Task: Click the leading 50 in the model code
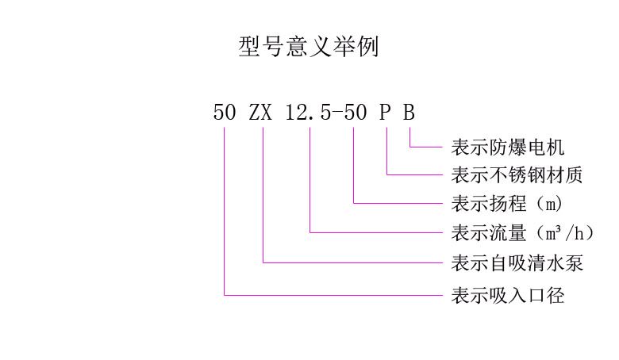(x=225, y=112)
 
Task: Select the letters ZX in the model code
(x=260, y=112)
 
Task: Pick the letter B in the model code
(x=409, y=112)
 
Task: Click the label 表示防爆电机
(x=508, y=147)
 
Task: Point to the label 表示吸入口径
(x=508, y=296)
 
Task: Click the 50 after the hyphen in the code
(x=356, y=112)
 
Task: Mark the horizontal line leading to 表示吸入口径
(x=333, y=296)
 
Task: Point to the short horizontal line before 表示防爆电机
(x=425, y=147)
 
